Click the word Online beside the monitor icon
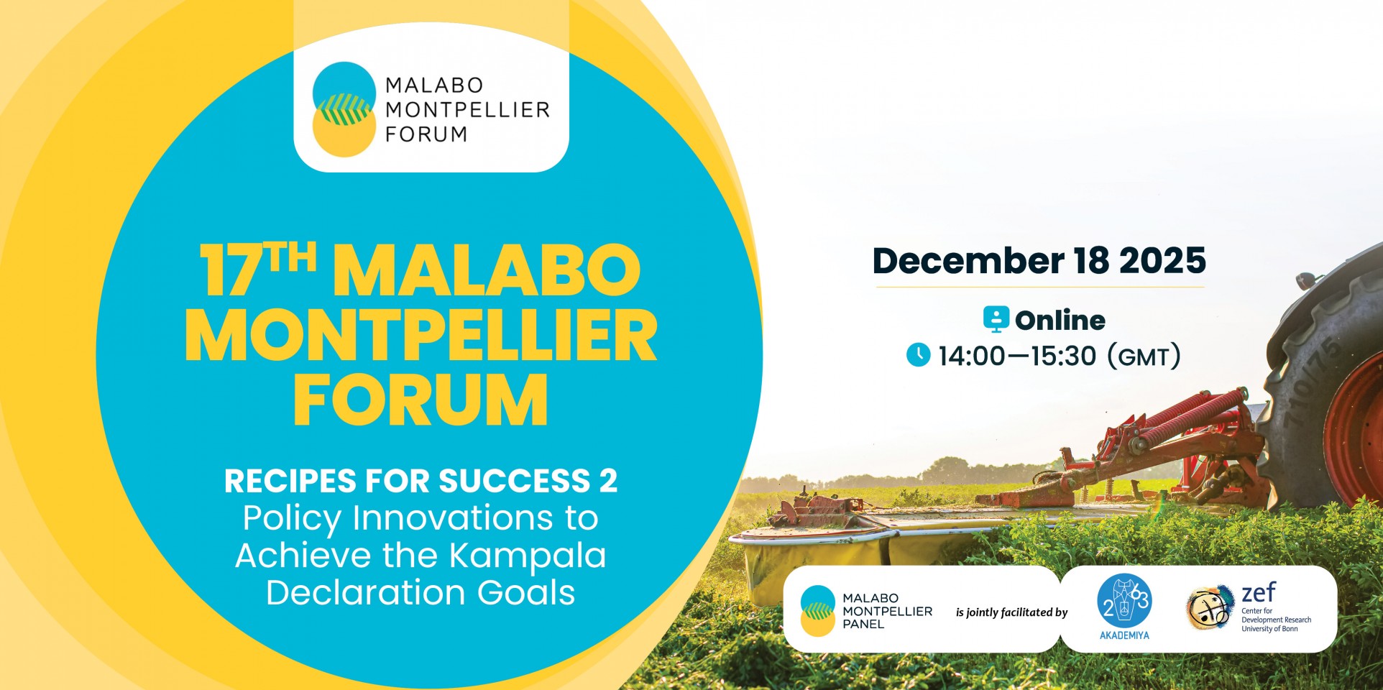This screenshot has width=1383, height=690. coord(1060,320)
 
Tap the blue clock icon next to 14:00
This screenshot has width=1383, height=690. coord(918,355)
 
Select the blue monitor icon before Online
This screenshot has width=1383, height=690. coord(996,319)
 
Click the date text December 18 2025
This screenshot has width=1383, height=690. coord(1039,260)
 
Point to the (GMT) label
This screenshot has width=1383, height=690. coord(1144,356)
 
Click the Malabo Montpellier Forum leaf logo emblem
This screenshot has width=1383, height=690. coord(344,109)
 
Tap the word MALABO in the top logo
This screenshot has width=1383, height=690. coord(434,86)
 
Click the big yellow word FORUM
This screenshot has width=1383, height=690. coord(421,400)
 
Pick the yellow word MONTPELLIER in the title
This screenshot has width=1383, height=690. coord(421,335)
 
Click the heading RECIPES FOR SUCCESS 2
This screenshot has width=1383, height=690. coord(421,481)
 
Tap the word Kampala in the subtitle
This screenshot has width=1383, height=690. coord(528,556)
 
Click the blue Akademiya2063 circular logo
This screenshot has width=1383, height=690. coord(1124,602)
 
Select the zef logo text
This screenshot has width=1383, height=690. coord(1259,593)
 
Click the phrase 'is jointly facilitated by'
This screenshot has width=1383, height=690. coord(1011,612)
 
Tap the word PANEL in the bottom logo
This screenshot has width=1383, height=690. coord(863,624)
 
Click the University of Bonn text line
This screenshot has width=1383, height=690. coord(1269,629)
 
